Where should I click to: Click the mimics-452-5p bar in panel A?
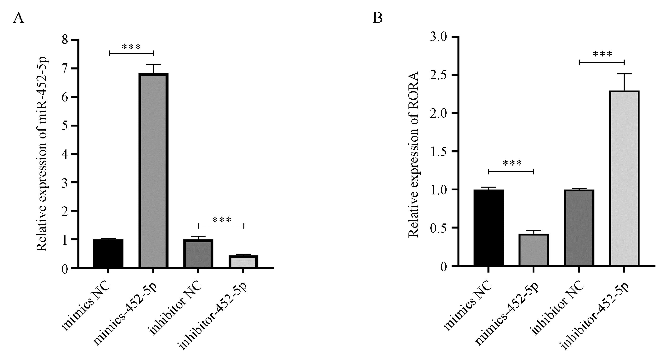(153, 170)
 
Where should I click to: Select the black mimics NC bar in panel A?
(108, 253)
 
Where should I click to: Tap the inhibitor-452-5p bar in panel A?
(243, 261)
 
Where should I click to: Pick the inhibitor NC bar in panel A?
(198, 253)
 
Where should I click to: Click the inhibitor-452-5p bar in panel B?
(624, 178)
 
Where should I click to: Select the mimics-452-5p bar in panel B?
(534, 250)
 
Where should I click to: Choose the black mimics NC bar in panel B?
(489, 228)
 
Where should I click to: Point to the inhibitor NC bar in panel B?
(579, 228)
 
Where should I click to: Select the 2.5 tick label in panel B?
(439, 75)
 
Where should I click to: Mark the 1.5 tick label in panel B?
(439, 151)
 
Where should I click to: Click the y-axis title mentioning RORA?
(413, 155)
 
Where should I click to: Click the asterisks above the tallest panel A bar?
(131, 47)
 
